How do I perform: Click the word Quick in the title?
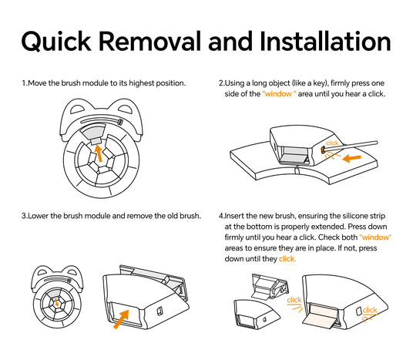(x=56, y=42)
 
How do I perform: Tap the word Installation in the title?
(x=325, y=41)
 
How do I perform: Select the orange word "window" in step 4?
(x=375, y=237)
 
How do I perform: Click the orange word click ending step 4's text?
(x=287, y=259)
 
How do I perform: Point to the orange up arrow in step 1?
(x=99, y=153)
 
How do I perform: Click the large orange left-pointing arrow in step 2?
(x=351, y=158)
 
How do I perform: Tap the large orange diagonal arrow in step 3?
(x=122, y=319)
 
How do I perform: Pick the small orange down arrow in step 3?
(x=56, y=302)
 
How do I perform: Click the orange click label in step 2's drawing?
(x=332, y=143)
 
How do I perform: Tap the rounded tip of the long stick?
(x=375, y=143)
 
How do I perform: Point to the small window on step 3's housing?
(x=159, y=311)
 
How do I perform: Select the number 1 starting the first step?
(x=24, y=83)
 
